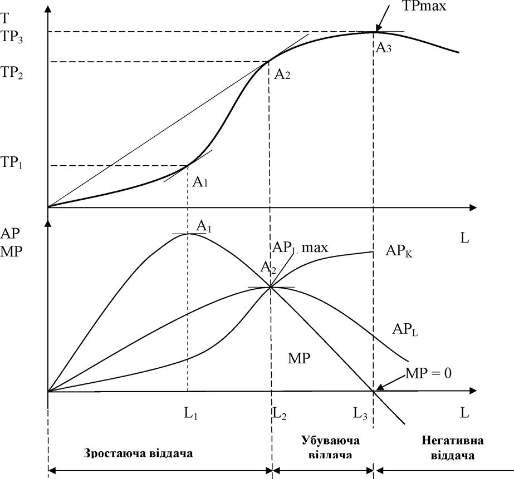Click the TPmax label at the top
click(424, 6)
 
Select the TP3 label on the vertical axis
click(12, 37)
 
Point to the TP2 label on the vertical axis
click(12, 72)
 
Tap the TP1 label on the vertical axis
click(12, 162)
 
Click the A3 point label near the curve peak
click(383, 48)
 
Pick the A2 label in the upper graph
click(282, 75)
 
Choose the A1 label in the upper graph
click(200, 181)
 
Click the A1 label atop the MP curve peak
click(204, 226)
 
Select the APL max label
click(300, 248)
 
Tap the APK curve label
click(399, 251)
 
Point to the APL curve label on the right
click(405, 330)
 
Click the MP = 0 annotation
click(428, 373)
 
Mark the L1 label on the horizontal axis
click(190, 414)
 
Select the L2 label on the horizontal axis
click(280, 414)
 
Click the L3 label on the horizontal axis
click(360, 414)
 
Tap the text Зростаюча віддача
click(138, 454)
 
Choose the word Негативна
click(452, 441)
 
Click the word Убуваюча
click(330, 441)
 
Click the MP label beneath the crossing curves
click(299, 359)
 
